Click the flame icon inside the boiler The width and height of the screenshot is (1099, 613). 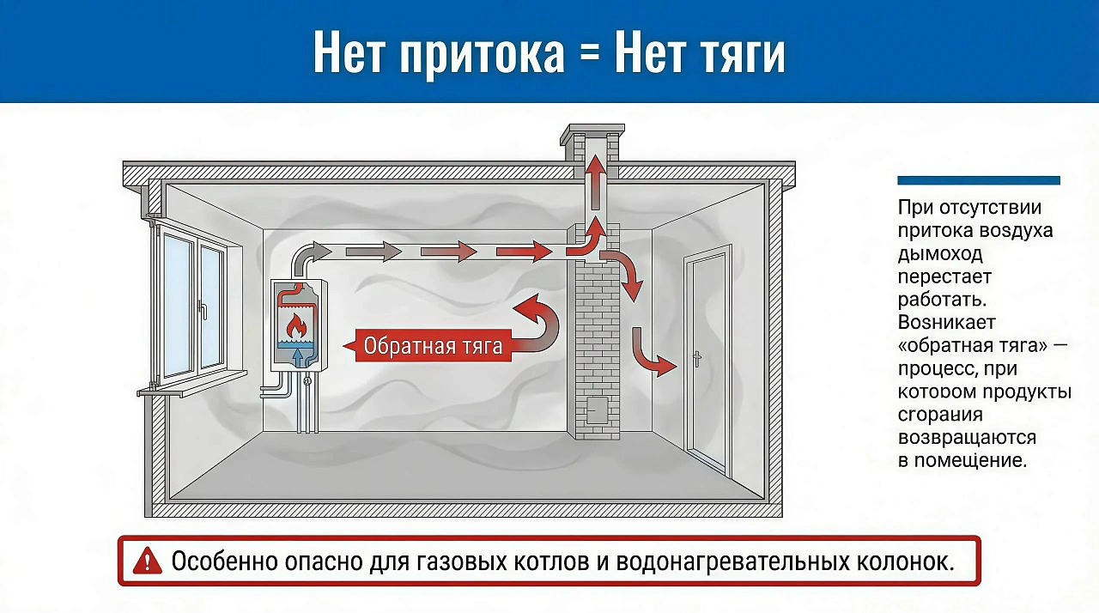[296, 326]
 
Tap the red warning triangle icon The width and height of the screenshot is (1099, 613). [148, 561]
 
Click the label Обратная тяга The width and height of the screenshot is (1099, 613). [433, 346]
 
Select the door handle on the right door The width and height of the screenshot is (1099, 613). [697, 359]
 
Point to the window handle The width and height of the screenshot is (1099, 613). [203, 309]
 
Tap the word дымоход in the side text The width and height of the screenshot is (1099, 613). [940, 254]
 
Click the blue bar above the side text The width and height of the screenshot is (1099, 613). [978, 180]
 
